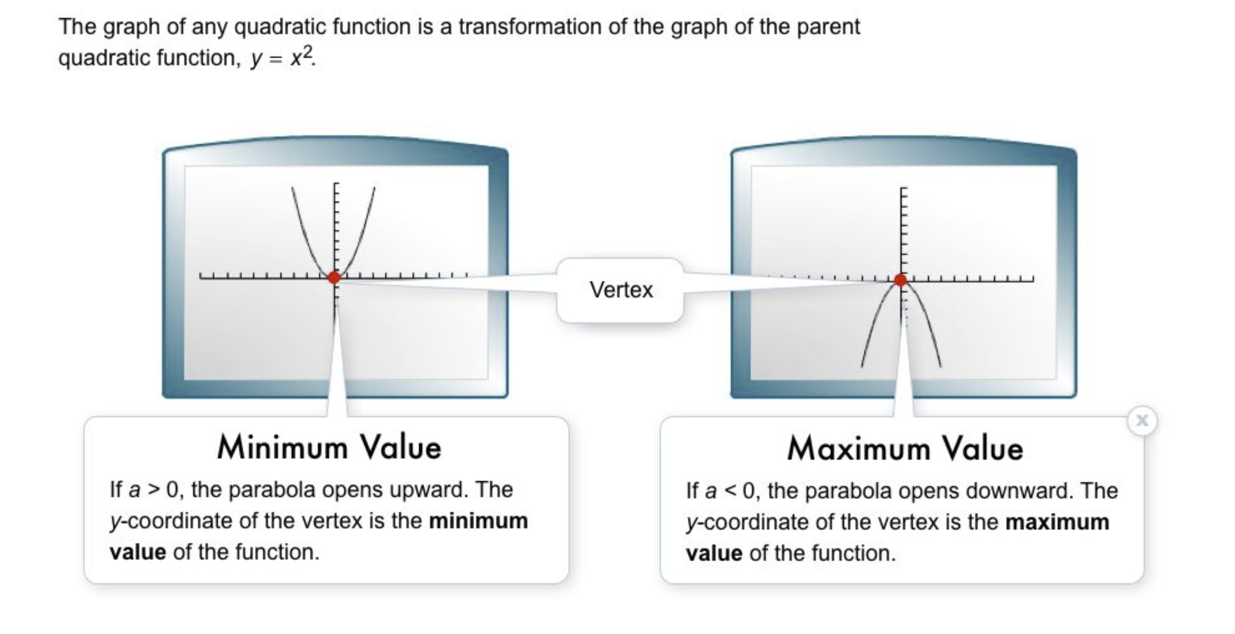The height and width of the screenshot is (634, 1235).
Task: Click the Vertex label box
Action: pyautogui.click(x=621, y=290)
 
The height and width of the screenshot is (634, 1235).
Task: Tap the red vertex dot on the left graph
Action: pyautogui.click(x=334, y=277)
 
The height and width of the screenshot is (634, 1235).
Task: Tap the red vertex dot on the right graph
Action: pyautogui.click(x=900, y=280)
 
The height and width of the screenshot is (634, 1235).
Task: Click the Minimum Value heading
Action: pyautogui.click(x=329, y=448)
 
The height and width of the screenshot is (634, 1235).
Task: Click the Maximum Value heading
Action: pyautogui.click(x=905, y=449)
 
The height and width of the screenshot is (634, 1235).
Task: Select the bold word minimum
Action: pyautogui.click(x=478, y=521)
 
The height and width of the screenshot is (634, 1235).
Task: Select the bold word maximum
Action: pyautogui.click(x=1057, y=522)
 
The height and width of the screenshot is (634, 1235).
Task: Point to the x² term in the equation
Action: pyautogui.click(x=301, y=57)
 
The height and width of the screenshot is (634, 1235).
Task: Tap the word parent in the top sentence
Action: pyautogui.click(x=828, y=26)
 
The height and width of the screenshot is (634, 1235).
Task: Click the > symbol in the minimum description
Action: pyautogui.click(x=153, y=490)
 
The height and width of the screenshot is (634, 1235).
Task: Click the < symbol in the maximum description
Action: pyautogui.click(x=729, y=491)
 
